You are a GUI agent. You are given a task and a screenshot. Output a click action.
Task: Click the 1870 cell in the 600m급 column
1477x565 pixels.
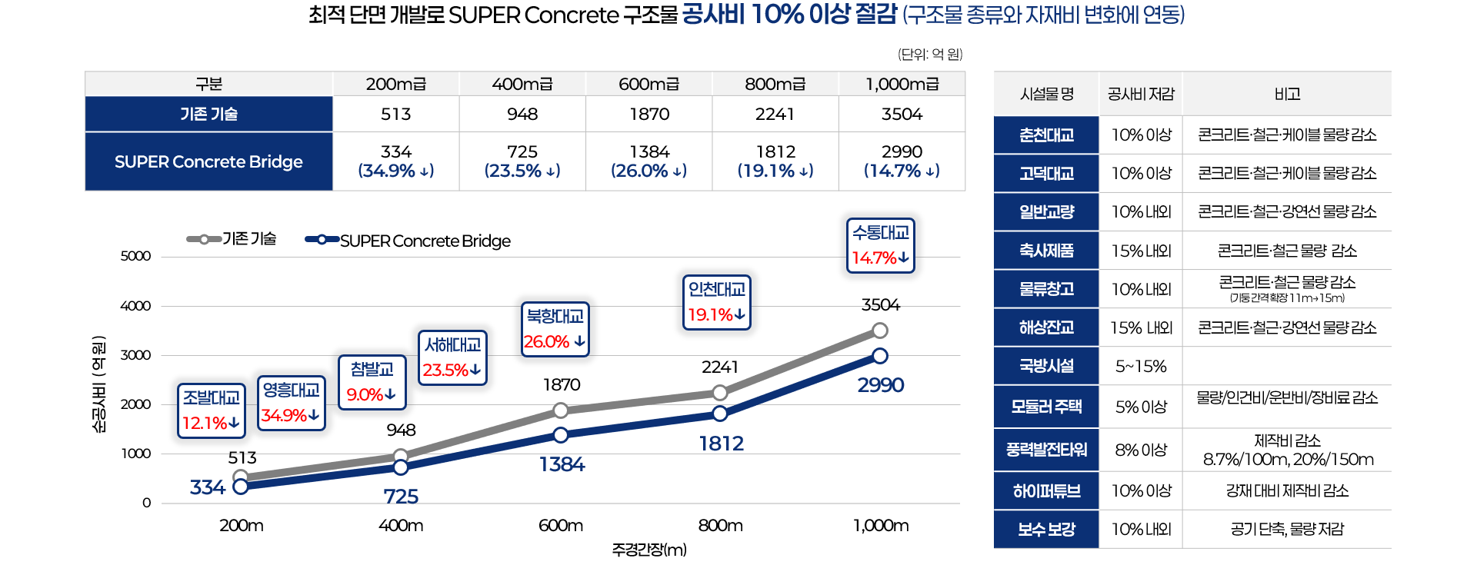pos(649,114)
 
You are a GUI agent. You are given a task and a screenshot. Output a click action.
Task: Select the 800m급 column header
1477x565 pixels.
pos(775,84)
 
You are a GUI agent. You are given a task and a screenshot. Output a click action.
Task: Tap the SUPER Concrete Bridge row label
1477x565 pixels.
pos(208,161)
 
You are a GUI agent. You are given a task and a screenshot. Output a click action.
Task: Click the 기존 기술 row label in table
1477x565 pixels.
pos(208,114)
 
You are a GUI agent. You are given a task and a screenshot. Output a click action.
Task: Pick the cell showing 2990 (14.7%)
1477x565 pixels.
pos(902,161)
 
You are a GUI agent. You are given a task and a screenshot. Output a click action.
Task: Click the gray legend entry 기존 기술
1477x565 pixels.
pos(232,239)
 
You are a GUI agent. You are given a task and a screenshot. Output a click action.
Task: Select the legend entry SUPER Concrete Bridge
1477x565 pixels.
pos(408,241)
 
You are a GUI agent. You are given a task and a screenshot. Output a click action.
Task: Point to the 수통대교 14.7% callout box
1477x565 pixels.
pos(881,245)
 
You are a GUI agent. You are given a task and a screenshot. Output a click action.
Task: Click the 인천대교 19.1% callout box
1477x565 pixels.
pos(716,302)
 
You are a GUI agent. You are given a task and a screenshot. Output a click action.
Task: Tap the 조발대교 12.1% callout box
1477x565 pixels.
pos(211,410)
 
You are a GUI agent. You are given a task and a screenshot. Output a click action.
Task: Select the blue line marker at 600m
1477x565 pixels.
pos(561,435)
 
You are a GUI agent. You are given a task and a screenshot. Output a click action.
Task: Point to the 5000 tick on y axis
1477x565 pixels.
pos(135,256)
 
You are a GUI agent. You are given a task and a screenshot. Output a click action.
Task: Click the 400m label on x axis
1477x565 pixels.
pos(401,526)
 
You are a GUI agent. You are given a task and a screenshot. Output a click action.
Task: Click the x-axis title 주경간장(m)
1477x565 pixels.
pos(649,550)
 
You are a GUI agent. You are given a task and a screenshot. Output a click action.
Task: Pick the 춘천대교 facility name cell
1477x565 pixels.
pos(1046,135)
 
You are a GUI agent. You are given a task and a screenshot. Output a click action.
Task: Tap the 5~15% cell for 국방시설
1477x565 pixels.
pos(1141,367)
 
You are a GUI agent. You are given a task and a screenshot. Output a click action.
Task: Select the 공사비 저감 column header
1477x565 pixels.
pos(1141,94)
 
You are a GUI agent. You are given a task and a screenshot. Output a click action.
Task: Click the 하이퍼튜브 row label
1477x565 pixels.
pos(1046,490)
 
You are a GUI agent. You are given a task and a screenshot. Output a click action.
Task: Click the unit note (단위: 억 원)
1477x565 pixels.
pos(930,54)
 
